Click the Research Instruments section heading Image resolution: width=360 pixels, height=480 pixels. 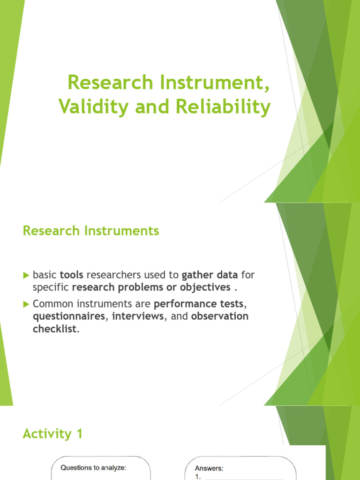(91, 231)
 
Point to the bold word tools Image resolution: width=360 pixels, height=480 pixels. (72, 274)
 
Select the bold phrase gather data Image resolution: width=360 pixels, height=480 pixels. (210, 274)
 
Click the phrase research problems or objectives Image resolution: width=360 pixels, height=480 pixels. (151, 287)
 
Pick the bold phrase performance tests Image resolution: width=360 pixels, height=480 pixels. (199, 304)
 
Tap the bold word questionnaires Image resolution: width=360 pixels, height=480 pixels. (68, 316)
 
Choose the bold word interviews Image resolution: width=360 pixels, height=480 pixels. (138, 316)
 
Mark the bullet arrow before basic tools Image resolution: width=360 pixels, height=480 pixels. (26, 274)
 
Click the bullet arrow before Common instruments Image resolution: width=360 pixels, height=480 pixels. (26, 304)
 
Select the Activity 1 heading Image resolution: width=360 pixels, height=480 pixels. (52, 434)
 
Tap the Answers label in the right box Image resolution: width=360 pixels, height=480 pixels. (209, 468)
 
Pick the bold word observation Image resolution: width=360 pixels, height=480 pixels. (220, 316)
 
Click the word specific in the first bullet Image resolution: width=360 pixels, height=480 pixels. (51, 287)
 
